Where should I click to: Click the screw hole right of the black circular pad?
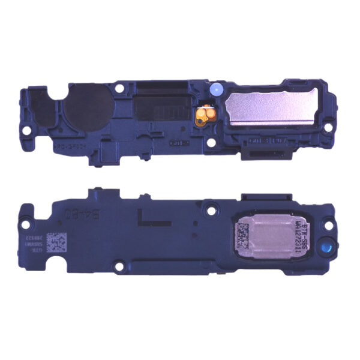coord(122,89)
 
